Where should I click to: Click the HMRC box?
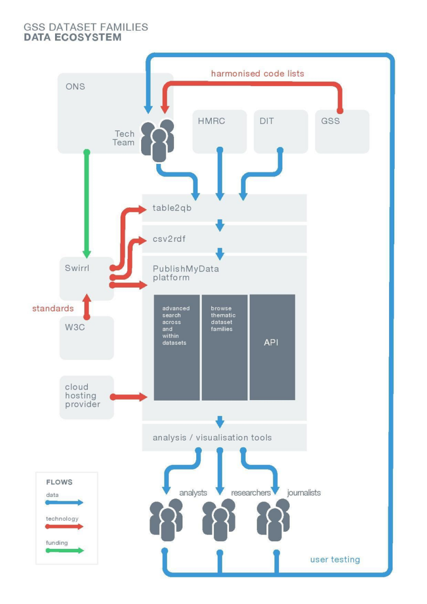pos(220,131)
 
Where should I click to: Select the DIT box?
pos(280,131)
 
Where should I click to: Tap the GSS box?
pos(341,131)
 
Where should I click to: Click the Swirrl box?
pos(86,278)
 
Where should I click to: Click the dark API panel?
pos(272,347)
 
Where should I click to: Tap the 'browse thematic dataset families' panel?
pos(224,347)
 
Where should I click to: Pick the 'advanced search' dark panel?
pos(176,347)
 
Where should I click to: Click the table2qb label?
pos(172,208)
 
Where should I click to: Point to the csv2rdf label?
pos(169,239)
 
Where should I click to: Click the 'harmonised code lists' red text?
pos(257,73)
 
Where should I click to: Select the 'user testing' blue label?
pos(335,559)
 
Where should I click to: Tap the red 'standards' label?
pos(53,308)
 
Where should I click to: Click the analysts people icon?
pos(166,520)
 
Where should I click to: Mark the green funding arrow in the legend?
pos(64,551)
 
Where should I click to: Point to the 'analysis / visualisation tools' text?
pos(212,437)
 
